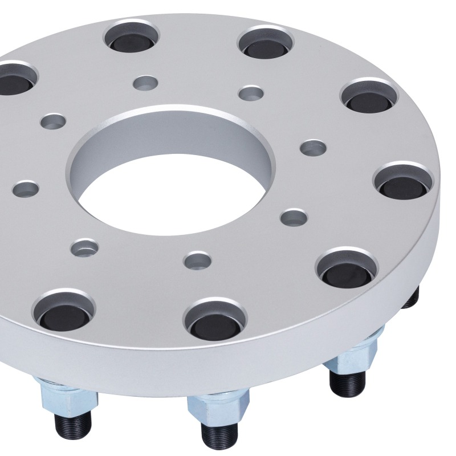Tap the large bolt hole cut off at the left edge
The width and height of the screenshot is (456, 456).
pos(14,80)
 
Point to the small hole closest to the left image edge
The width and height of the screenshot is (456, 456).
pos(26,188)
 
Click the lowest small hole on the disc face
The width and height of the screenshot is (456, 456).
pos(196,260)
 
